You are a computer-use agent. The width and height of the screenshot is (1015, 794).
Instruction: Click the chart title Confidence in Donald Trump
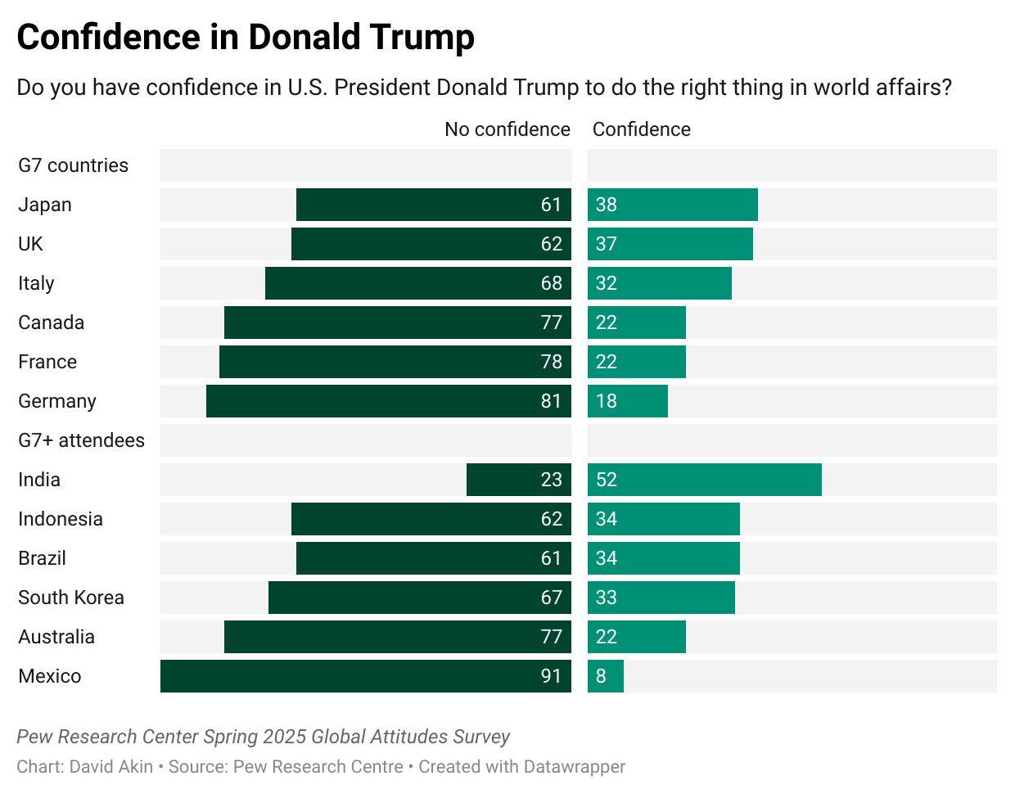tap(246, 38)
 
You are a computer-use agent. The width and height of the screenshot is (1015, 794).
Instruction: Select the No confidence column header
tap(507, 129)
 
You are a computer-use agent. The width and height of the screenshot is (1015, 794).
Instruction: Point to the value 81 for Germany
tap(551, 401)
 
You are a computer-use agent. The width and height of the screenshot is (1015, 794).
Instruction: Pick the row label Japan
tap(45, 205)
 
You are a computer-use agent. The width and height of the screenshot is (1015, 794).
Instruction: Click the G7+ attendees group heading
tap(81, 440)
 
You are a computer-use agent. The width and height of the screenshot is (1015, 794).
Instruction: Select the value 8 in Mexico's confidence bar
tap(602, 676)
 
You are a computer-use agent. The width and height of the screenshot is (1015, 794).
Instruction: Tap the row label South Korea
tap(71, 598)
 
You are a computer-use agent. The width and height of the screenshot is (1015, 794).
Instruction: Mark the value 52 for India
tap(607, 480)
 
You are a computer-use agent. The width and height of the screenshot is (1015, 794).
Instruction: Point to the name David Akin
tap(111, 767)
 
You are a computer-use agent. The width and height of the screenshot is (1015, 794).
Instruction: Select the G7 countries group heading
tap(74, 165)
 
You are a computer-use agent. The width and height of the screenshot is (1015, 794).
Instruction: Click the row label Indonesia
tap(61, 519)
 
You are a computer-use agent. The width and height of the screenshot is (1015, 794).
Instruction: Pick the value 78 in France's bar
tap(551, 362)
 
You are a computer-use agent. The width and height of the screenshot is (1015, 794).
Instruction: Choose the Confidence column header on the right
tap(641, 129)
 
